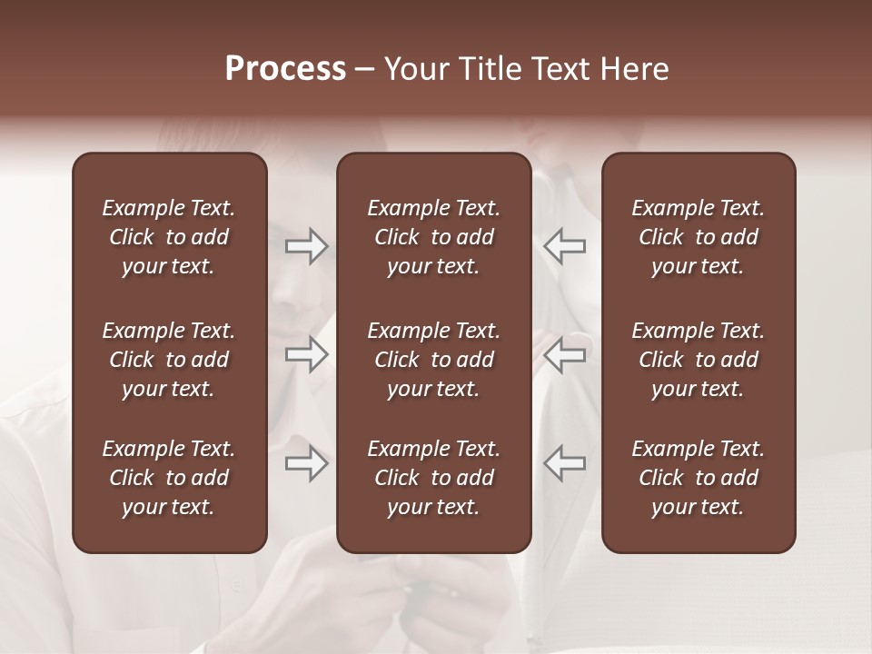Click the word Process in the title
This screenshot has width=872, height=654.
click(285, 69)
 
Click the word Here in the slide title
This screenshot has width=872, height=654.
click(635, 69)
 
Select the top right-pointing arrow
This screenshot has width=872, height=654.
click(307, 246)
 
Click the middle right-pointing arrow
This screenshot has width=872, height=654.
click(307, 354)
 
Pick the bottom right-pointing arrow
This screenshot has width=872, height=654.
click(307, 463)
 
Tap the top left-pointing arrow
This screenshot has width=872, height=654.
click(564, 246)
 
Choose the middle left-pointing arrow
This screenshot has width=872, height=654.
click(564, 354)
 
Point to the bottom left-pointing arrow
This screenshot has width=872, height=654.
click(564, 463)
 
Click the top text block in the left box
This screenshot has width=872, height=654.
click(169, 237)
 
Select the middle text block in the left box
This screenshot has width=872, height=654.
click(169, 360)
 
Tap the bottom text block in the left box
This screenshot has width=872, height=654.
click(169, 478)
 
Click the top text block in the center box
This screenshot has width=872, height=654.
click(433, 237)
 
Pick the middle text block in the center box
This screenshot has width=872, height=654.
click(433, 360)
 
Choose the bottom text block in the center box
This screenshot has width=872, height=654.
click(433, 478)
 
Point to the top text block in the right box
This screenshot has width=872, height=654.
click(698, 237)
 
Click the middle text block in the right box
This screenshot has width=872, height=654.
click(698, 360)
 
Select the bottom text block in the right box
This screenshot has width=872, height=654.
click(698, 478)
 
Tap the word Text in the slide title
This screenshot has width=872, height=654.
click(562, 69)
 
